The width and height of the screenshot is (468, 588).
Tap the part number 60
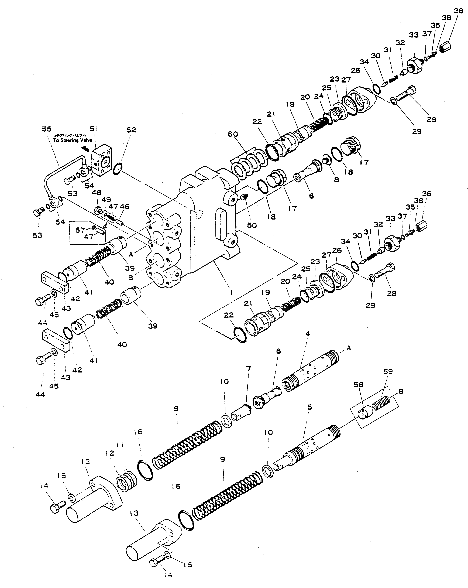click(233, 134)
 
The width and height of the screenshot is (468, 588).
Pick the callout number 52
click(131, 130)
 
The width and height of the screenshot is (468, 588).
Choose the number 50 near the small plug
click(252, 225)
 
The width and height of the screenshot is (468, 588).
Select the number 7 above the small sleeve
click(248, 369)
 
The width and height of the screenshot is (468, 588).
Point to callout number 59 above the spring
click(388, 371)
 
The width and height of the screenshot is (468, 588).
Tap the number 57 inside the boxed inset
click(80, 230)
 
